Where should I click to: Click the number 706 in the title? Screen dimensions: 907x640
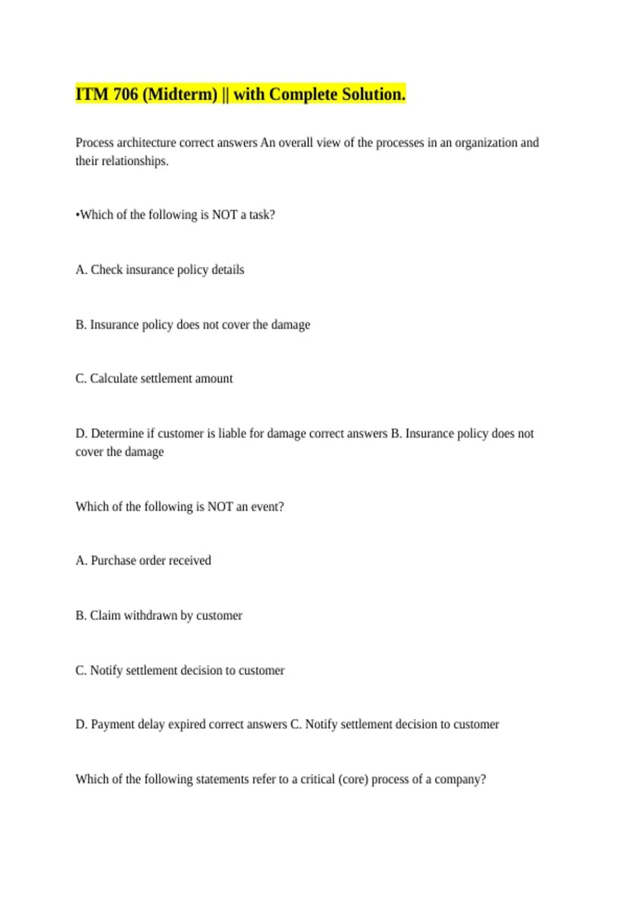pyautogui.click(x=126, y=94)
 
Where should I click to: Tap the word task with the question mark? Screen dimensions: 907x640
pyautogui.click(x=262, y=215)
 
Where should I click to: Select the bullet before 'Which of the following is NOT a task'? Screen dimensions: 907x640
pyautogui.click(x=77, y=215)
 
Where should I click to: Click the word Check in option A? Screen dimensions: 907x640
pyautogui.click(x=107, y=270)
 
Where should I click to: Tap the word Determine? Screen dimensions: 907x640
pyautogui.click(x=117, y=434)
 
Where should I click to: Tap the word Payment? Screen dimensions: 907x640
pyautogui.click(x=113, y=725)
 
